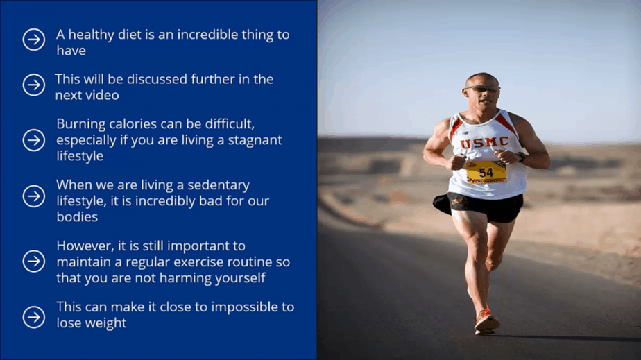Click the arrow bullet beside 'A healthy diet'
tap(33, 40)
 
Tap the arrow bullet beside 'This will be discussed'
tap(33, 85)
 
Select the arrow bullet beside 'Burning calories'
tap(33, 139)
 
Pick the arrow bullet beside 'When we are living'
tap(33, 196)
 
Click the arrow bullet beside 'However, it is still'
tap(33, 261)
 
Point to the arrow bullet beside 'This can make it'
tap(33, 317)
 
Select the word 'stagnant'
tap(255, 140)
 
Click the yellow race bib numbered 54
tap(486, 172)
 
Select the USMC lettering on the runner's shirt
tap(484, 143)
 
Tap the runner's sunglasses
tap(481, 88)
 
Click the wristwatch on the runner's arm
tap(521, 157)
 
